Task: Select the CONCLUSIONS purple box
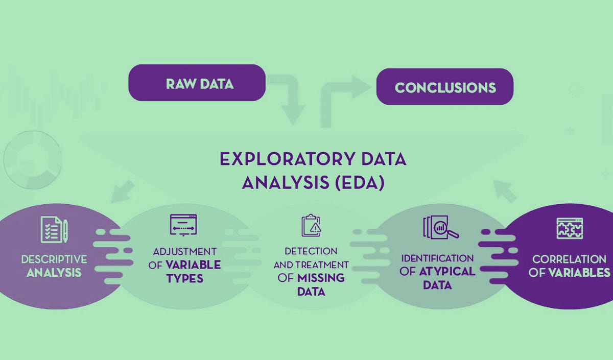tap(444, 87)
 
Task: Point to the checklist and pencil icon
tap(54, 229)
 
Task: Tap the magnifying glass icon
tap(440, 227)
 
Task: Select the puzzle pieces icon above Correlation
tap(570, 229)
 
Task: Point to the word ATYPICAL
tap(447, 272)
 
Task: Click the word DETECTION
tap(311, 251)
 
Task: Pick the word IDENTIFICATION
tap(437, 258)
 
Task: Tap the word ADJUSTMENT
tap(184, 251)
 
